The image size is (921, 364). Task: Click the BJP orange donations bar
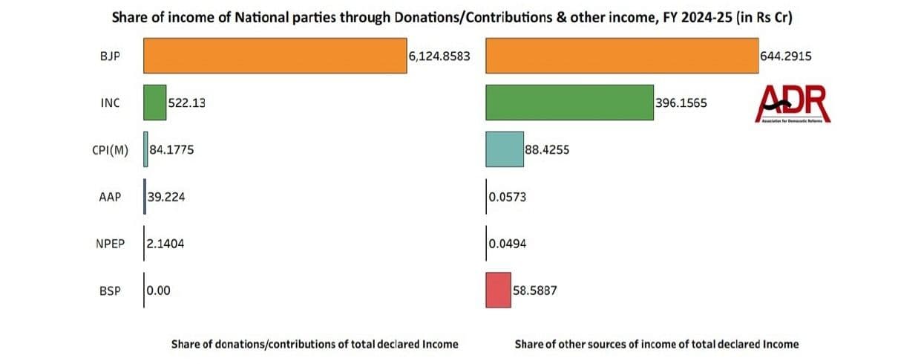[x=275, y=56]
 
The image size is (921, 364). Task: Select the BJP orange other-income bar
[x=621, y=56]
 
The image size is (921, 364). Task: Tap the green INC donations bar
[x=154, y=103]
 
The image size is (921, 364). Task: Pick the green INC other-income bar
[x=569, y=103]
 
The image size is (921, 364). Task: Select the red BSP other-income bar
[x=498, y=290]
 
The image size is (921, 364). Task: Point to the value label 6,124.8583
[x=439, y=56]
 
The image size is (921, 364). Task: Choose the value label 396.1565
[x=681, y=103]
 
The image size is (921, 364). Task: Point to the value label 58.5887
[x=534, y=290]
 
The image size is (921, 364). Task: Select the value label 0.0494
[x=508, y=244]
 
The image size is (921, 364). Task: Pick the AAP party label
[x=109, y=197]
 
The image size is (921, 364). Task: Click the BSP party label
[x=109, y=290]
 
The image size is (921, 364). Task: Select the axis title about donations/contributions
[x=315, y=344]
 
